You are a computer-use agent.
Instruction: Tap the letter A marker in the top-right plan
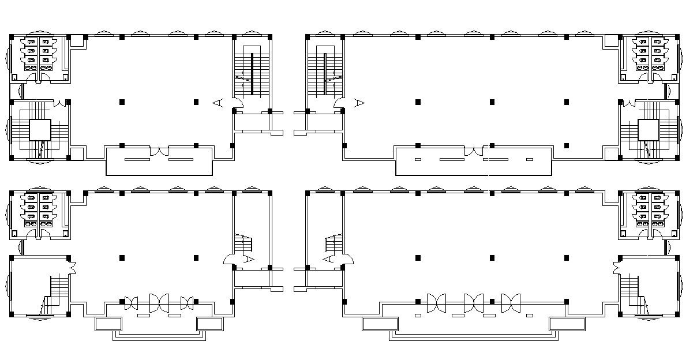click(x=359, y=103)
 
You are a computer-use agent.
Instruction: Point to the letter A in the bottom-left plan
click(x=249, y=259)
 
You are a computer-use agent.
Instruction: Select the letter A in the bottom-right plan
click(x=328, y=259)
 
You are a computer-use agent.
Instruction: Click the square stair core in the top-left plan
click(x=40, y=130)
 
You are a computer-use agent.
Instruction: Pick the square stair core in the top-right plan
click(x=648, y=130)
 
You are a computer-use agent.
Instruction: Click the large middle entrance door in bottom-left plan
click(x=159, y=302)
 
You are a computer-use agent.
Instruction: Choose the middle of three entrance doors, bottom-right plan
click(x=474, y=302)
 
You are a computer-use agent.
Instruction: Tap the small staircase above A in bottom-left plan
click(x=243, y=243)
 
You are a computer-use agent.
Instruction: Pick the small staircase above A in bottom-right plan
click(x=333, y=243)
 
